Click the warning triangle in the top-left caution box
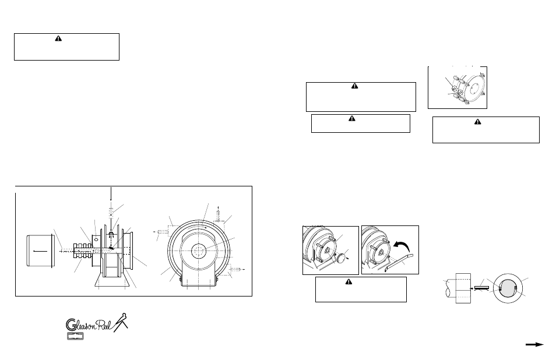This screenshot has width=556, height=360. tap(58, 38)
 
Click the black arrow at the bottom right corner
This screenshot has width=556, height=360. tap(534, 345)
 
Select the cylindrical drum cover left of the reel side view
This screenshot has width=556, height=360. tap(39, 251)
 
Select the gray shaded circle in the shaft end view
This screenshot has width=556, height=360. tap(507, 289)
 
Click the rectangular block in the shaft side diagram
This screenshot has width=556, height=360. tap(464, 290)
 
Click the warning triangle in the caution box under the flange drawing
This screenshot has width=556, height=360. tap(477, 122)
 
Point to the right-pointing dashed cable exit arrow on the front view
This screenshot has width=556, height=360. tap(236, 270)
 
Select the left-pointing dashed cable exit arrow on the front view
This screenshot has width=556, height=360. tap(163, 231)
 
